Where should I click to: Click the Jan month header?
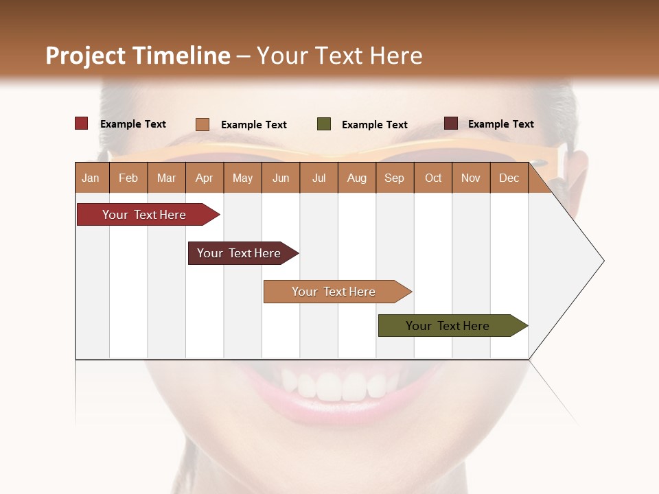pyautogui.click(x=91, y=178)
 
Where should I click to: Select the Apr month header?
pyautogui.click(x=204, y=178)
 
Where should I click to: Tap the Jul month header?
pyautogui.click(x=319, y=178)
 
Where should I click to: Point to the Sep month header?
pyautogui.click(x=394, y=178)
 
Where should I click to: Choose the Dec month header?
pyautogui.click(x=509, y=178)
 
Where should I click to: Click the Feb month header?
pyautogui.click(x=128, y=178)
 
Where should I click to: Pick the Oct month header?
pyautogui.click(x=433, y=178)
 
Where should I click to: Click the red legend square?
pyautogui.click(x=82, y=123)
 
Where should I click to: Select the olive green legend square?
pyautogui.click(x=324, y=124)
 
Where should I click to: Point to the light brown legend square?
pyautogui.click(x=203, y=124)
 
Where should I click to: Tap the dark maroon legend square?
pyautogui.click(x=451, y=123)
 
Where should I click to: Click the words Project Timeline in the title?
pyautogui.click(x=138, y=56)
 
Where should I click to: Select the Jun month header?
pyautogui.click(x=281, y=178)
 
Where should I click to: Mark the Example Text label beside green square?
pyautogui.click(x=374, y=125)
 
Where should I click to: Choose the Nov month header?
pyautogui.click(x=471, y=178)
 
